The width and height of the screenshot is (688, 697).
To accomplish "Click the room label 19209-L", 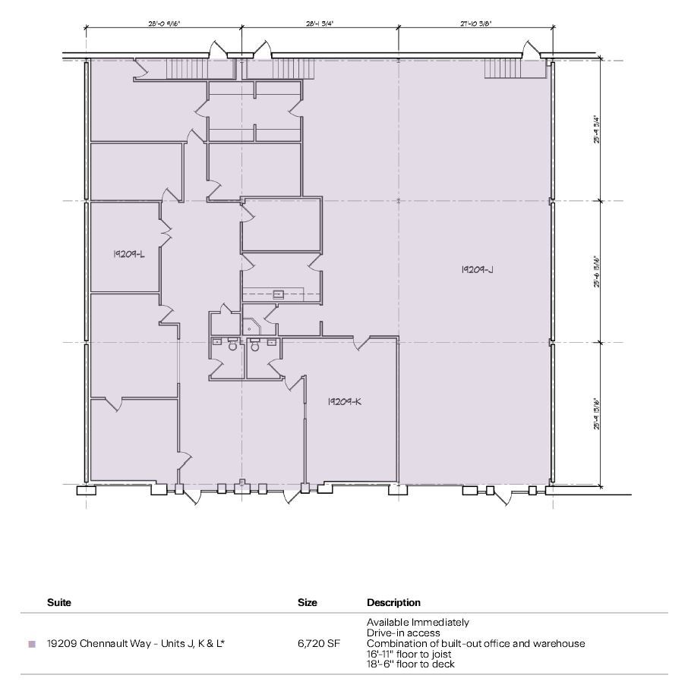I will (128, 255).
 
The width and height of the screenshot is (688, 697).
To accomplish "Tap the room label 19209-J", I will (478, 269).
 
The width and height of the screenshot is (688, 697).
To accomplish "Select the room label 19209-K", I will (344, 401).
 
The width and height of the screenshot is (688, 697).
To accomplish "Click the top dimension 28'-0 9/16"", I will (164, 24).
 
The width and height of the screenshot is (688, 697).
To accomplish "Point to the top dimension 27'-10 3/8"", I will (475, 24).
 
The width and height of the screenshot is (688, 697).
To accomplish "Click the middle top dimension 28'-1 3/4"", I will (320, 24).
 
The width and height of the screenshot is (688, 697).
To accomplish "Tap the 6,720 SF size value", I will (319, 644).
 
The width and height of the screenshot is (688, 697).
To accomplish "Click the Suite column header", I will (59, 603).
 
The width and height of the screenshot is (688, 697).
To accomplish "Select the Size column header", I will (308, 603).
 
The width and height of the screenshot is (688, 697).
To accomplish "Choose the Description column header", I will (393, 603).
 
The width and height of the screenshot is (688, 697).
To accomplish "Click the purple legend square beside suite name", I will (32, 644).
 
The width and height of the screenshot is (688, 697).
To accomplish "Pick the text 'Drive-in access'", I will (403, 633).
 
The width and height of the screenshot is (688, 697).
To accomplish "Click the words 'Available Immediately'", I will (418, 622).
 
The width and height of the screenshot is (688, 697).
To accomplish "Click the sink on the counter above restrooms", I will (279, 294).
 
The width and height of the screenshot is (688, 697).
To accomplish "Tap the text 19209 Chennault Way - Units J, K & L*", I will (136, 644).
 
